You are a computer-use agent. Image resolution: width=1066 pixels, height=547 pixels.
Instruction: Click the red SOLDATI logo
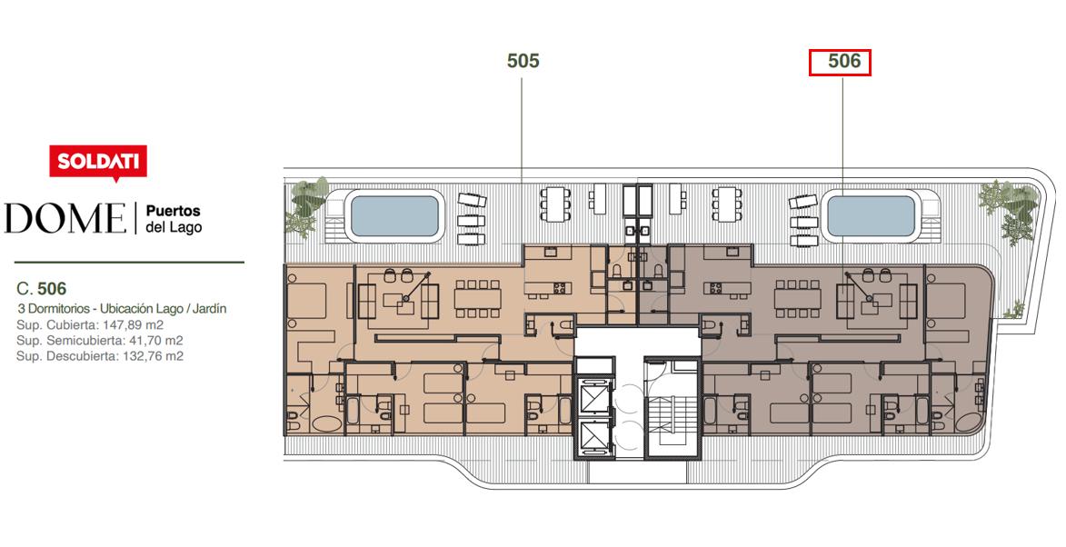tap(98, 162)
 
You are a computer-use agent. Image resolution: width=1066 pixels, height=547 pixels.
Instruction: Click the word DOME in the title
tap(65, 218)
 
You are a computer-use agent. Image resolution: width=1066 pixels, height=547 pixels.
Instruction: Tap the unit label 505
tap(523, 61)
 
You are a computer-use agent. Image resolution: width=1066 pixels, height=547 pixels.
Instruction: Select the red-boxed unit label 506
tap(840, 62)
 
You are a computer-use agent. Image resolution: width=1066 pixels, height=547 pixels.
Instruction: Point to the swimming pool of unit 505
tap(394, 216)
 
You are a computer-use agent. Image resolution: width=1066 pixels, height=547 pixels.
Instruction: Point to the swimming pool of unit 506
tap(871, 216)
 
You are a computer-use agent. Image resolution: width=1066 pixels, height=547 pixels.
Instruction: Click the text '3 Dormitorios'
tap(50, 309)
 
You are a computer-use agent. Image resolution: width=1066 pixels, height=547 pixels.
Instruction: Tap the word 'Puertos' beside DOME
tap(174, 211)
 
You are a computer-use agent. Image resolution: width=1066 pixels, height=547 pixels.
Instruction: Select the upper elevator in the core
tap(595, 394)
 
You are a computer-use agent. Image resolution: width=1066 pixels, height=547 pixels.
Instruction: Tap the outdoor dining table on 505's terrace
tap(555, 204)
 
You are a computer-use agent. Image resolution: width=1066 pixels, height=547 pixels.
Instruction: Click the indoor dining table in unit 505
tap(478, 299)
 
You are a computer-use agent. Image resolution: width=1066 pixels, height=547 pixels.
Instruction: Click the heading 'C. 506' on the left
tap(41, 290)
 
